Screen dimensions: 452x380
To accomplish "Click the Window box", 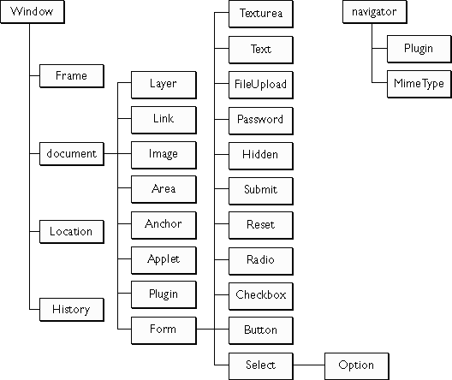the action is [x=33, y=12].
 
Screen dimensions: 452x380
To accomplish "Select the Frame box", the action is [x=72, y=76].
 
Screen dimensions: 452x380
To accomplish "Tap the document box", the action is [x=72, y=154].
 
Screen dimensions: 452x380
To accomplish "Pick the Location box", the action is [x=72, y=232].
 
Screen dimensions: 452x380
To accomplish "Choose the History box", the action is [x=72, y=310].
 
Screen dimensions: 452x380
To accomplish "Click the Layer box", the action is [x=164, y=85].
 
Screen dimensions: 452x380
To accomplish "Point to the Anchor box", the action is [x=164, y=225].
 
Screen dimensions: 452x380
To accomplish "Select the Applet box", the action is [x=164, y=260].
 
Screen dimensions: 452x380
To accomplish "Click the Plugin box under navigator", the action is [x=419, y=49].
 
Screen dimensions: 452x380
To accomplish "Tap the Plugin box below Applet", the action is [x=164, y=295].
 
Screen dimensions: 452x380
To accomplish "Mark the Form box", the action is [x=164, y=330].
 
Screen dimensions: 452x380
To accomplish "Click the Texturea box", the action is [x=261, y=14].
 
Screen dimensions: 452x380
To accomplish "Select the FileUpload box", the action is [x=261, y=86].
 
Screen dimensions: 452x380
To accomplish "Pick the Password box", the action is [x=261, y=121].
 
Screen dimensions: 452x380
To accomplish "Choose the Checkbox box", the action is [x=261, y=296].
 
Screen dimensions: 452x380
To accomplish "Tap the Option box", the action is [x=357, y=366].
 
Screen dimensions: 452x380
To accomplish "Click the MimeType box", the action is [x=419, y=84].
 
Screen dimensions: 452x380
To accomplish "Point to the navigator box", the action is [x=375, y=12].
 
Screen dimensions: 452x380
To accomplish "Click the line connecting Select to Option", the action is [x=309, y=365].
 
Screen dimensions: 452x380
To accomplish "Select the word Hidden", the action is [x=260, y=154].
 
